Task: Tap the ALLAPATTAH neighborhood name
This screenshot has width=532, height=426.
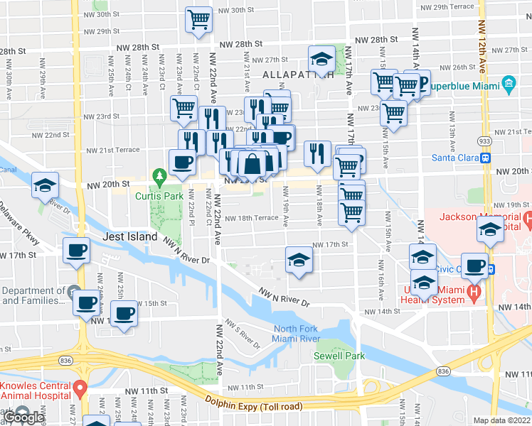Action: (x=297, y=75)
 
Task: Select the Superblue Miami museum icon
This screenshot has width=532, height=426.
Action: (x=509, y=84)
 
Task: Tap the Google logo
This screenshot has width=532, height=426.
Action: (x=23, y=418)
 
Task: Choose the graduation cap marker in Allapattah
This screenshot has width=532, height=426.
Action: (x=321, y=58)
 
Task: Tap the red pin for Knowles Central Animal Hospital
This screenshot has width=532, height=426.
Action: (x=80, y=388)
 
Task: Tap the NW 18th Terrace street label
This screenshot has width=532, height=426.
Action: (x=252, y=219)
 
